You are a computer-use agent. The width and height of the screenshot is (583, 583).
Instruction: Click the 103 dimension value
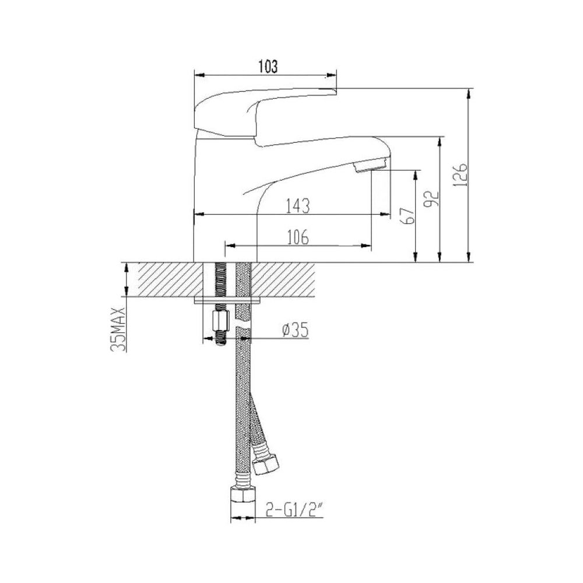click(268, 66)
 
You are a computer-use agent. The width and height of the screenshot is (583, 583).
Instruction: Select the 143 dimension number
click(298, 206)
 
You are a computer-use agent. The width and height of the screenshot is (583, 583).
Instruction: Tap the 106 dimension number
click(298, 237)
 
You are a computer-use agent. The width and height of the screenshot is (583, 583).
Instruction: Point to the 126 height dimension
click(461, 174)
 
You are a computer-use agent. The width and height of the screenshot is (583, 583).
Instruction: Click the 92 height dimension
click(432, 199)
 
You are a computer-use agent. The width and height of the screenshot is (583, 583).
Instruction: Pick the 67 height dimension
click(408, 216)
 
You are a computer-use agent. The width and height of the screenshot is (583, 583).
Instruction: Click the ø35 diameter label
click(296, 330)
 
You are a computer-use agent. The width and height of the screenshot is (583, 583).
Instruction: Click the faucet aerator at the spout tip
click(370, 165)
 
